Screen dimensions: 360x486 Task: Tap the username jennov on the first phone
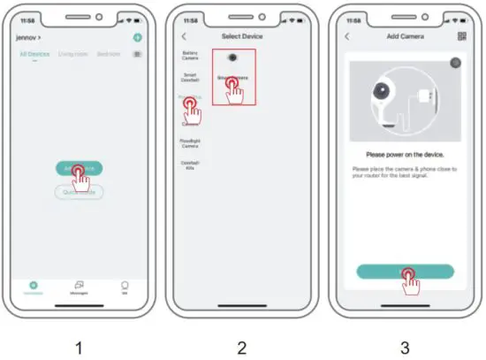tap(27, 37)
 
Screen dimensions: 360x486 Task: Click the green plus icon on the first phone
tap(137, 37)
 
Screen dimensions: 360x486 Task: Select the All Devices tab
tap(34, 54)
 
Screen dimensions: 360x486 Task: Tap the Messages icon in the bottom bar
tap(79, 287)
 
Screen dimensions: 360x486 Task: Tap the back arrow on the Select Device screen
tap(184, 36)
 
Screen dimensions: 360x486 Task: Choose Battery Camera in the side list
tap(190, 56)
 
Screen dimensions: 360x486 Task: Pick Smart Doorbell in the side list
tap(190, 79)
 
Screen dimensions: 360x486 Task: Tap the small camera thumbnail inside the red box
tap(232, 58)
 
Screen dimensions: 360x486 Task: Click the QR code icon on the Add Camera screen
tap(461, 36)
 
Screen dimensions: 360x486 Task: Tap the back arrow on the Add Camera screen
tap(347, 36)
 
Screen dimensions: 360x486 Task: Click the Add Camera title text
tap(405, 36)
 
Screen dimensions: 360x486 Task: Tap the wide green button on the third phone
tap(405, 272)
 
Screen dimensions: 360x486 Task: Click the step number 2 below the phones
tap(242, 348)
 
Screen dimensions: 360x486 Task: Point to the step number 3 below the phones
tap(405, 348)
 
